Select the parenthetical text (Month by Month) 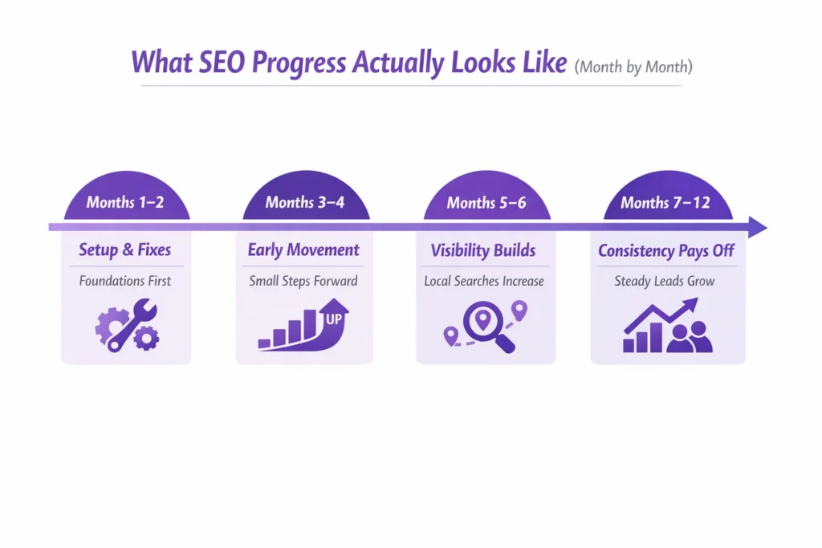click(633, 67)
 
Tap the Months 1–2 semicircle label click(125, 202)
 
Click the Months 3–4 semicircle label click(305, 202)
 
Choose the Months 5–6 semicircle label click(486, 202)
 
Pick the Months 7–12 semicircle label click(666, 202)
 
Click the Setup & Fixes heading click(125, 250)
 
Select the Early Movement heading click(304, 250)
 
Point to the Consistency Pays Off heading click(666, 250)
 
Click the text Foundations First click(125, 281)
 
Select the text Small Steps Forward click(304, 281)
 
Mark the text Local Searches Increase click(484, 281)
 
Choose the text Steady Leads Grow click(665, 281)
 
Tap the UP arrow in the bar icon click(332, 315)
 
